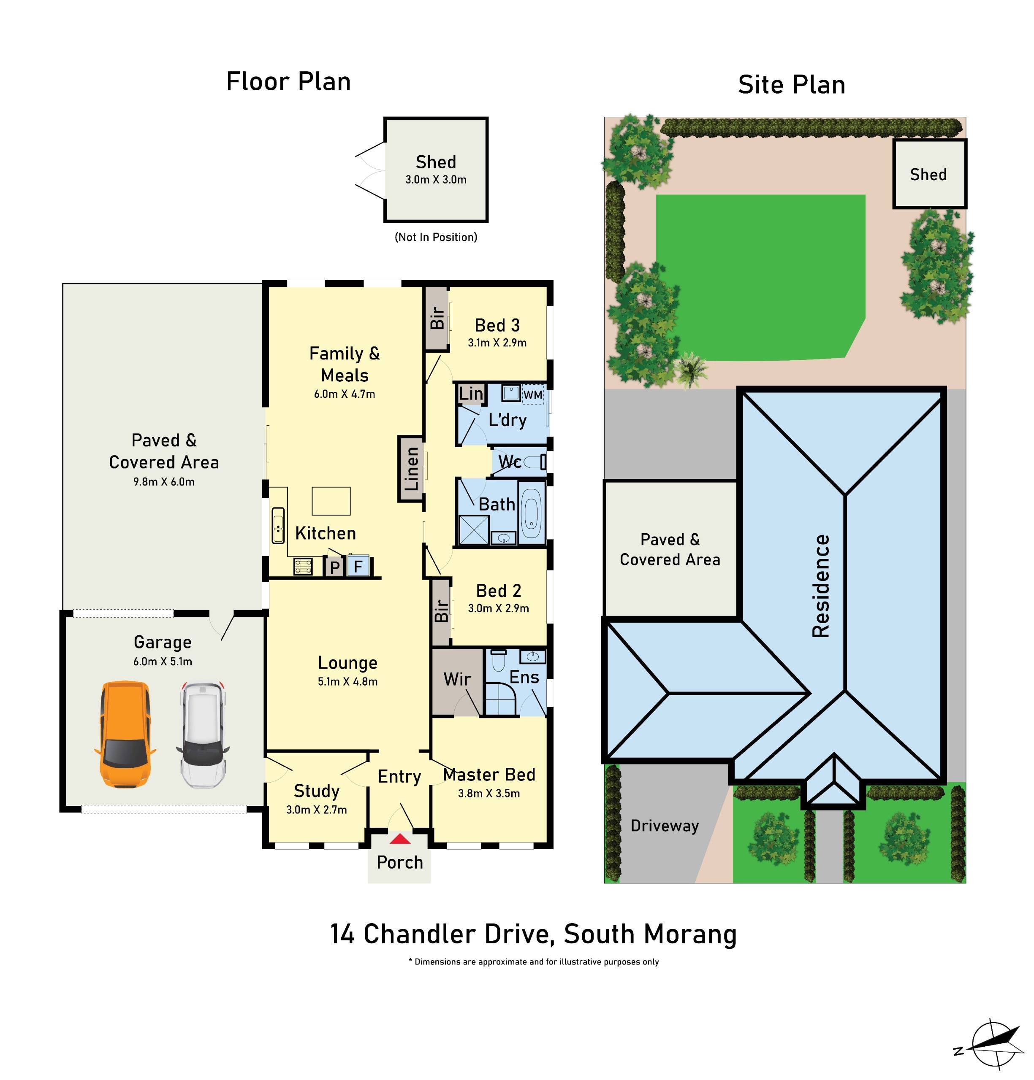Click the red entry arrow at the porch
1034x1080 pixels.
(400, 839)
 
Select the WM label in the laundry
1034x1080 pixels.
(532, 395)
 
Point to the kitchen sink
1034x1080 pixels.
(278, 525)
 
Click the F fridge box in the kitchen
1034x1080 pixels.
(358, 566)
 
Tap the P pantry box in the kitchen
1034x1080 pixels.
(334, 567)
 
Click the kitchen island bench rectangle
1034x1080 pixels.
(331, 501)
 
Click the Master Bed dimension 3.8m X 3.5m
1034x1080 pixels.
(489, 793)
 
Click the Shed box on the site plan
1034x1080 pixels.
(929, 174)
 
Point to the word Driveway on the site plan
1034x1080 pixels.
(664, 826)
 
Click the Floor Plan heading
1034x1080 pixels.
(288, 81)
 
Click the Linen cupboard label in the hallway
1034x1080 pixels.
(412, 469)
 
